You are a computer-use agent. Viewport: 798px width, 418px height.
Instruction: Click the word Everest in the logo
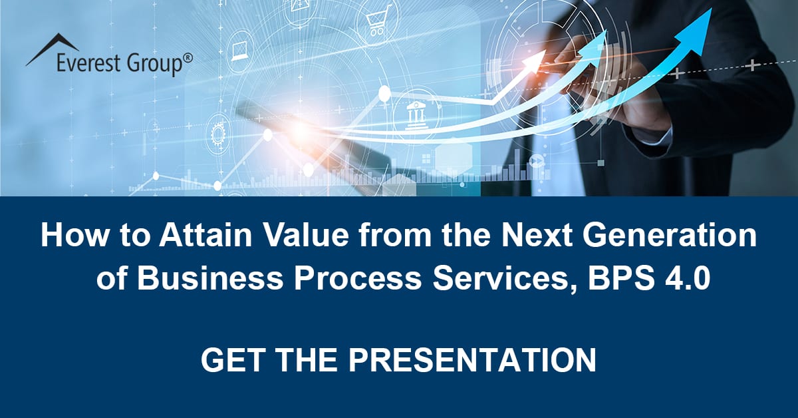87,65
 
